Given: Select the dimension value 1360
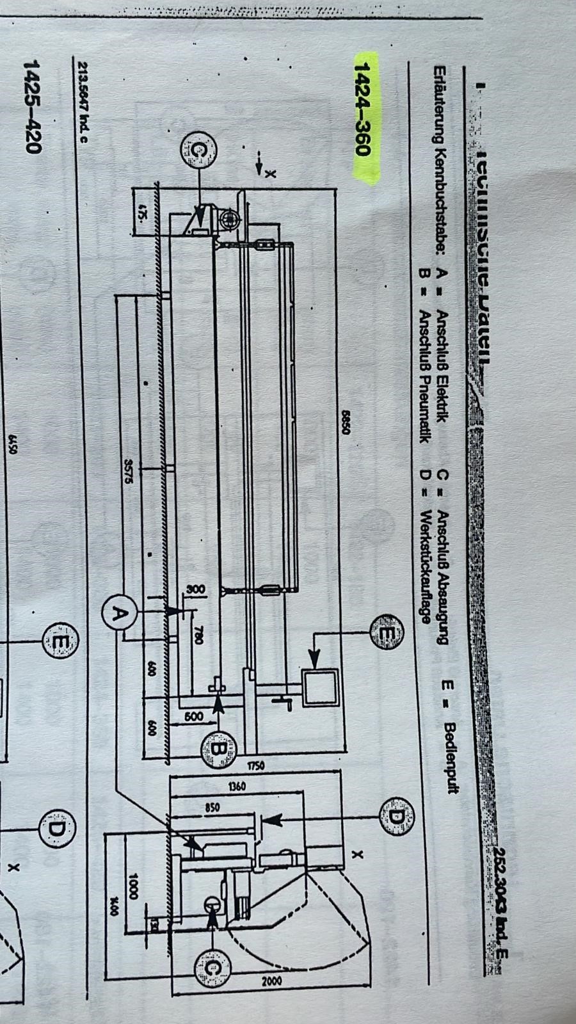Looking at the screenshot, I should click(x=236, y=785).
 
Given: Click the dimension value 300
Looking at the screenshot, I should click(x=195, y=589).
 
